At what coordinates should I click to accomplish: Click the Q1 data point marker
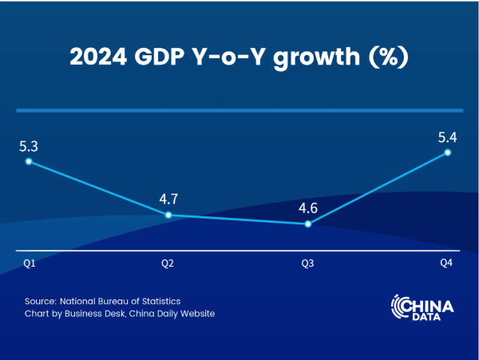(28, 161)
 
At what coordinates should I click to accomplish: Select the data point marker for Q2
(168, 215)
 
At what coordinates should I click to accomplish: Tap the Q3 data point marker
(308, 224)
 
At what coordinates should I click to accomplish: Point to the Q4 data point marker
(448, 152)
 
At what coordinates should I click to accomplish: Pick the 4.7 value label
(168, 199)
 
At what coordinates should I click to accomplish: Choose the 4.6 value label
(308, 208)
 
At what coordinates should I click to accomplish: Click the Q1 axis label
(28, 263)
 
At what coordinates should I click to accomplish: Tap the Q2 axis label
(168, 263)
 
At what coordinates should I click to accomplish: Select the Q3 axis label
(308, 263)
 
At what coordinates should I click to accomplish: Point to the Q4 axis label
(447, 263)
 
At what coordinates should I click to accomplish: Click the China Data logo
(422, 308)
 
